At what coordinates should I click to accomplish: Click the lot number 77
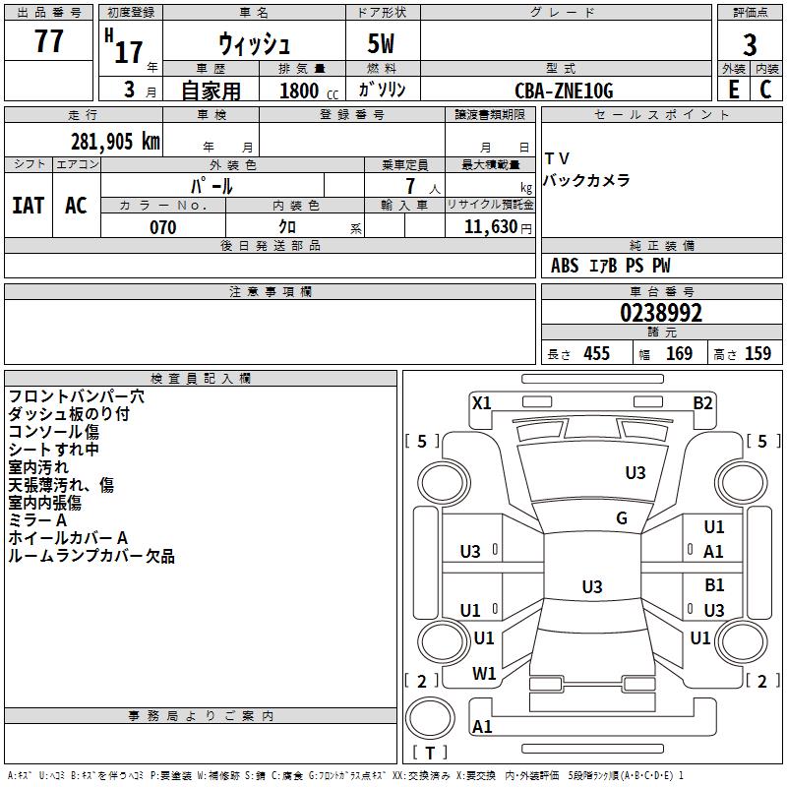[49, 42]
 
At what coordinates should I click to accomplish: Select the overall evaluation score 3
[750, 44]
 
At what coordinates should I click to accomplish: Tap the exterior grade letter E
[733, 89]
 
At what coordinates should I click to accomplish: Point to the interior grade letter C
[765, 89]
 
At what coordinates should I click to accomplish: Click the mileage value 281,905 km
[115, 142]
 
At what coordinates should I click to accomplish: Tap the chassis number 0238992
[661, 313]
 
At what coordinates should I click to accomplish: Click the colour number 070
[162, 227]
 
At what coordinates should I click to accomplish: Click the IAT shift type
[29, 205]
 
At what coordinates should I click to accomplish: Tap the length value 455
[596, 353]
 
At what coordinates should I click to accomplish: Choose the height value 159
[757, 353]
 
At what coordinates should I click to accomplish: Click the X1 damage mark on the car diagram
[482, 402]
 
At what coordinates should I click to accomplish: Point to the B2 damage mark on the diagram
[702, 402]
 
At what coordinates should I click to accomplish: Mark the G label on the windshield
[622, 518]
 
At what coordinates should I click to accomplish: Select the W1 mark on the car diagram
[484, 674]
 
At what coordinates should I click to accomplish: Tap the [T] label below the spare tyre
[430, 753]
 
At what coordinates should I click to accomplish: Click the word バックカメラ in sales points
[587, 181]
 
